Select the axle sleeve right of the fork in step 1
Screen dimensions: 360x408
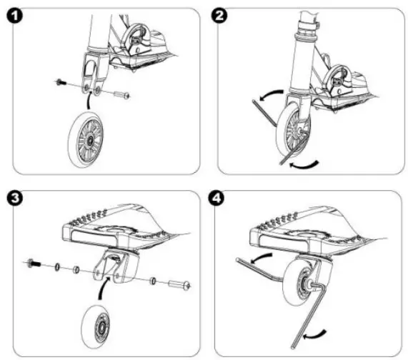coord(121,94)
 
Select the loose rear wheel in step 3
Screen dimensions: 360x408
coord(100,324)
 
